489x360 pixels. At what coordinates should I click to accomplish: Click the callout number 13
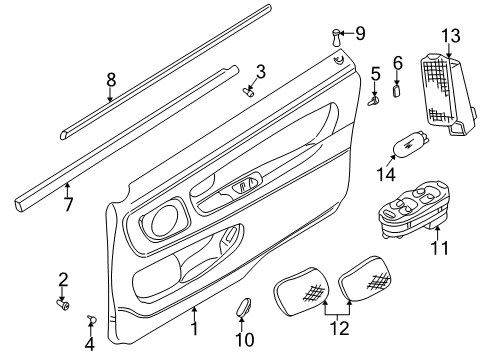pyautogui.click(x=451, y=37)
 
